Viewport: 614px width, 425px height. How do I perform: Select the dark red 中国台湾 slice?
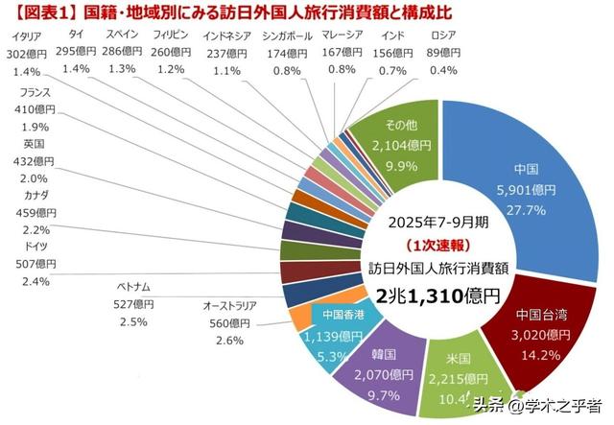(537, 331)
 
